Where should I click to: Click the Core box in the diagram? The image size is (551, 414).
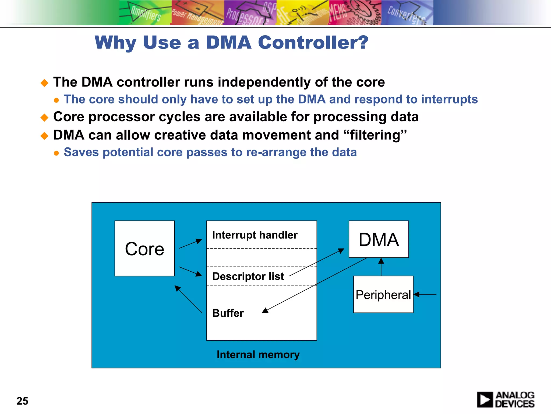144,248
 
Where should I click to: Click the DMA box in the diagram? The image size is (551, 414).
379,239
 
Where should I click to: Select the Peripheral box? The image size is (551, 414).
383,294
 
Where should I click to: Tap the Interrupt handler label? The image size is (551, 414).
255,235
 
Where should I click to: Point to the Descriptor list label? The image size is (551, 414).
248,276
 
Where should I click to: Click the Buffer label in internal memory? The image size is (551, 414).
228,313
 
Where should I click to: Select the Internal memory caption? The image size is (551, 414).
258,354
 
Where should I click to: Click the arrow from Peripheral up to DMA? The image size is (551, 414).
381,267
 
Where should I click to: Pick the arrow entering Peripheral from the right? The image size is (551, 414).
425,294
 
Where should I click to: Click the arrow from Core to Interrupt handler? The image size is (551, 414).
190,244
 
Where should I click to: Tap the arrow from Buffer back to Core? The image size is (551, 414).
188,299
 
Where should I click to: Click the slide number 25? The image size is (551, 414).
22,401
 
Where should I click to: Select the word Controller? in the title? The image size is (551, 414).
313,42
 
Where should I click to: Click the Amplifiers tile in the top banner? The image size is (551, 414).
145,13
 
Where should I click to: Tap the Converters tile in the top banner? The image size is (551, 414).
407,13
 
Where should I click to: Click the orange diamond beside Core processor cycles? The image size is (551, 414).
44,118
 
